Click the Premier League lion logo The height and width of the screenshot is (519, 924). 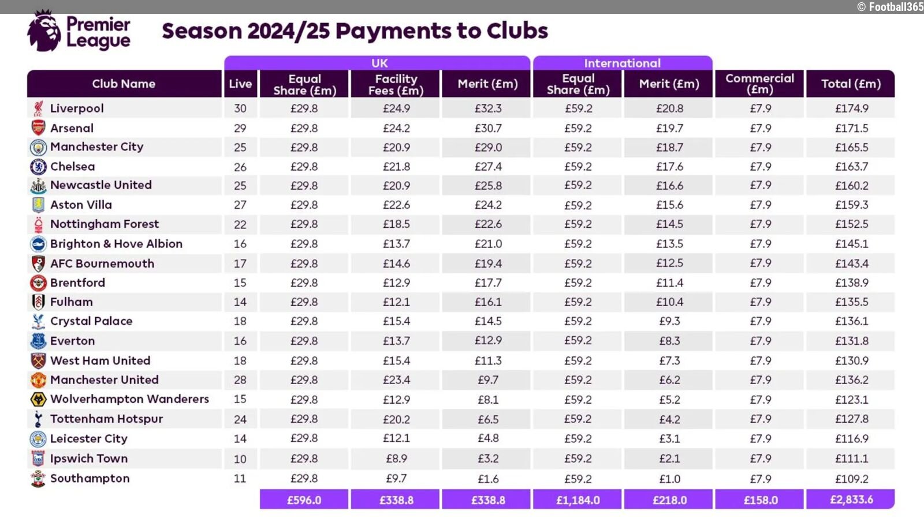pos(43,32)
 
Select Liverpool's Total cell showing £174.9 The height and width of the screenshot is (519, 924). pos(851,108)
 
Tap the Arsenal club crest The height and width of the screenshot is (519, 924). pos(38,128)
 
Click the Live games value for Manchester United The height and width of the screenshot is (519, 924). pos(240,380)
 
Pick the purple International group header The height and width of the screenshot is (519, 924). pos(622,63)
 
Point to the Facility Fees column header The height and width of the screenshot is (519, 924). pos(396,84)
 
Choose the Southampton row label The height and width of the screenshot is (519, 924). pos(90,479)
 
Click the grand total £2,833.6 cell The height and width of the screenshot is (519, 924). pos(851,499)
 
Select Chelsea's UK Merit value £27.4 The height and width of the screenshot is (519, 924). pos(488,167)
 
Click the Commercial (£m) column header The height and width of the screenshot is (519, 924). pos(760,84)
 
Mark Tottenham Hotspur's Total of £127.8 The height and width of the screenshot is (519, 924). pos(851,419)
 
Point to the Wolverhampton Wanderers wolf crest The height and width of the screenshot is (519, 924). pos(38,400)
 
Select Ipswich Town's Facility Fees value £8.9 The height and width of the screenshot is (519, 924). pos(396,459)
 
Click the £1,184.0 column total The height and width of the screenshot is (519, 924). pos(577,500)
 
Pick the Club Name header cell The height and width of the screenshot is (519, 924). pos(124,84)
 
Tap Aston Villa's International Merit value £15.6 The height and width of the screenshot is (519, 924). pos(669,205)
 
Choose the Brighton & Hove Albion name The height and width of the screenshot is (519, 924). pos(116,244)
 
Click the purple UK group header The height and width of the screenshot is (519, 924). pos(379,63)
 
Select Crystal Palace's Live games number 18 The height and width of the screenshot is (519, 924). pos(240,321)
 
